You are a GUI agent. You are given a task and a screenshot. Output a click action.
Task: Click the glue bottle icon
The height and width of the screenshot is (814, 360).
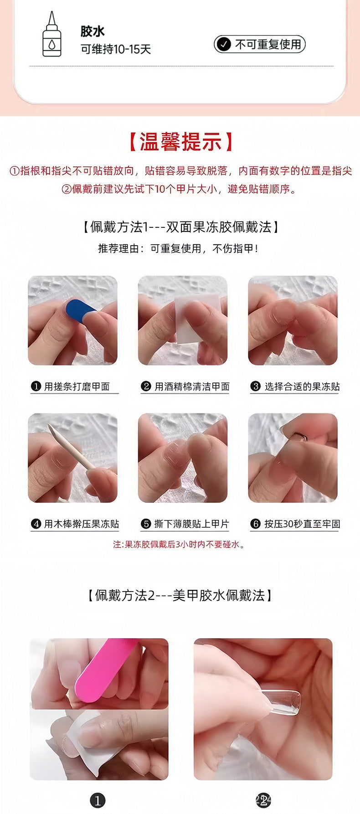(51, 36)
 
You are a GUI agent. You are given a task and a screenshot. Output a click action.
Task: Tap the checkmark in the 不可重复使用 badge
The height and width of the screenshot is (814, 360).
(223, 44)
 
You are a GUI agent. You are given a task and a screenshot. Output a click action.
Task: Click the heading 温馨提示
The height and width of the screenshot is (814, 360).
(180, 142)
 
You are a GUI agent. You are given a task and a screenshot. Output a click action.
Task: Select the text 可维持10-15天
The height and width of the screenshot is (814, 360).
(116, 49)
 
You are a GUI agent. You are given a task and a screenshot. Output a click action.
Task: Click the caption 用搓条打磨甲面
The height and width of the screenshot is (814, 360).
(77, 386)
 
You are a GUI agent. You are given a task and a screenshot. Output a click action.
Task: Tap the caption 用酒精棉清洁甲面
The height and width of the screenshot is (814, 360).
(192, 386)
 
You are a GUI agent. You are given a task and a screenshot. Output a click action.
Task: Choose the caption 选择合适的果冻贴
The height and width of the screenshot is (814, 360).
(302, 386)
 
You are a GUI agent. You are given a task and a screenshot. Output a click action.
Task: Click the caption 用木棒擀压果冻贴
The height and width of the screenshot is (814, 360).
(81, 524)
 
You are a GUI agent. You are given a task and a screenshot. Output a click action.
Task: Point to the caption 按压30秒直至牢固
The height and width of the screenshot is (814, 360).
(302, 524)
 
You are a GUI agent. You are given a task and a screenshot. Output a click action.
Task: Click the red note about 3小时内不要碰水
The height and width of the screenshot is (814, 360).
(180, 544)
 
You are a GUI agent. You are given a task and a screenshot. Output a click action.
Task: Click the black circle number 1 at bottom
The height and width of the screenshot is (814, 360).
(98, 800)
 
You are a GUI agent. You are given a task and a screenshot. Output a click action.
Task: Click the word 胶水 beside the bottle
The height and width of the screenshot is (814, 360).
(93, 31)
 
